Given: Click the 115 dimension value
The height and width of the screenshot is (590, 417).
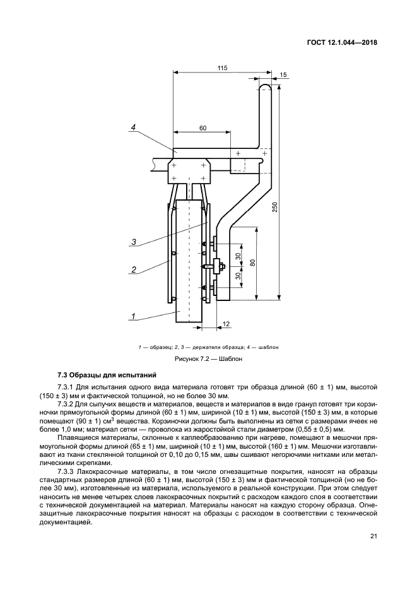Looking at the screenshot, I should click(x=222, y=68).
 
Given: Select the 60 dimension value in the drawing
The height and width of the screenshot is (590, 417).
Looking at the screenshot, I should click(x=203, y=128).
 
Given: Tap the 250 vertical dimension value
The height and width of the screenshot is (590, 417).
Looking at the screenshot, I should click(x=275, y=208).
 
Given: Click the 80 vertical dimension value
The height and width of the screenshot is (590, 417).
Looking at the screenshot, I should click(x=252, y=263).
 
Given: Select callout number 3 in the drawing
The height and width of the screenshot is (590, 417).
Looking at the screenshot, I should click(x=134, y=241).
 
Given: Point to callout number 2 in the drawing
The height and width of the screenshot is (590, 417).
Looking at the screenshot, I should click(x=134, y=269).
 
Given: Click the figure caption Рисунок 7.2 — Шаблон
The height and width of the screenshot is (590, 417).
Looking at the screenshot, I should click(x=208, y=359).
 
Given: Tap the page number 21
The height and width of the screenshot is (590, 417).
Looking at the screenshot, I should click(x=373, y=536).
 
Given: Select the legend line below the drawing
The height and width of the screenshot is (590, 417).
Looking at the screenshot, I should click(x=208, y=347).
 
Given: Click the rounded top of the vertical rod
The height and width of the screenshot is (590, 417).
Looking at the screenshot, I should click(x=267, y=88).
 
